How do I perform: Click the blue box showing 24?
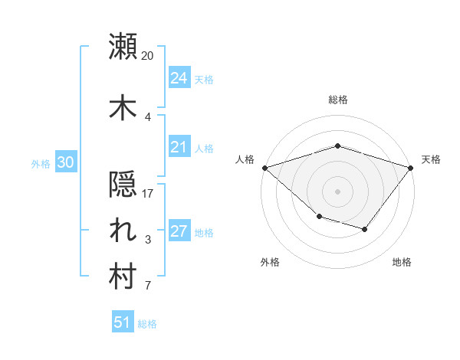[179, 78]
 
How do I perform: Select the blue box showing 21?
[179, 148]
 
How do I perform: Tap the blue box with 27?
[179, 232]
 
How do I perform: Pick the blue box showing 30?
[65, 162]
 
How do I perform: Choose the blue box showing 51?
[123, 322]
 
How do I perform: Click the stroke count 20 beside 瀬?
[148, 56]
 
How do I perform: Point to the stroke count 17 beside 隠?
[148, 194]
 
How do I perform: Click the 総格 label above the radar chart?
[337, 100]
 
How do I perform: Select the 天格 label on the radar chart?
[432, 159]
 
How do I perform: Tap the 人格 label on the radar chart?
[245, 159]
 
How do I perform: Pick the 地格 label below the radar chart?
[402, 263]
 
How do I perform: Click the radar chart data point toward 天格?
[412, 167]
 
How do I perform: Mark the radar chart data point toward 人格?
[264, 167]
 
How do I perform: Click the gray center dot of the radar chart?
[337, 191]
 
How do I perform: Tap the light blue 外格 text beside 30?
[41, 163]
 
